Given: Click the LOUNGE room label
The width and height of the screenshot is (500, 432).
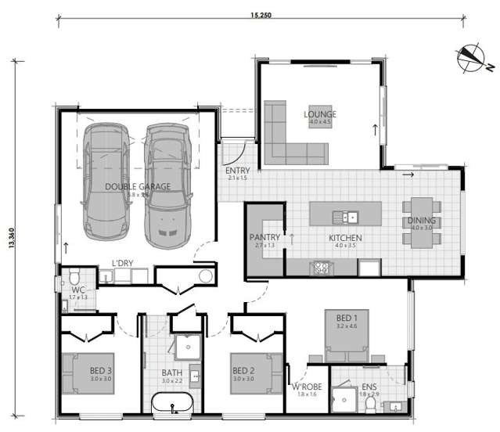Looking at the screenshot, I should (x=320, y=114).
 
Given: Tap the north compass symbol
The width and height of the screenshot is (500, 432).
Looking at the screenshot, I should (x=470, y=57).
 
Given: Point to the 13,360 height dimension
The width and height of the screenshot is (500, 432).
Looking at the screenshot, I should (x=11, y=233).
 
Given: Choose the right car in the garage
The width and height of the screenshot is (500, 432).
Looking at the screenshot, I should (x=166, y=182).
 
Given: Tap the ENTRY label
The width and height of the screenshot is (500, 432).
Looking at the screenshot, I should (x=236, y=171).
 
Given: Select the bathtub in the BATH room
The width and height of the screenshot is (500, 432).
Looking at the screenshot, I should (x=172, y=404).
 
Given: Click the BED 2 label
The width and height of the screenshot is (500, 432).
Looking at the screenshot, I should (x=243, y=371).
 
